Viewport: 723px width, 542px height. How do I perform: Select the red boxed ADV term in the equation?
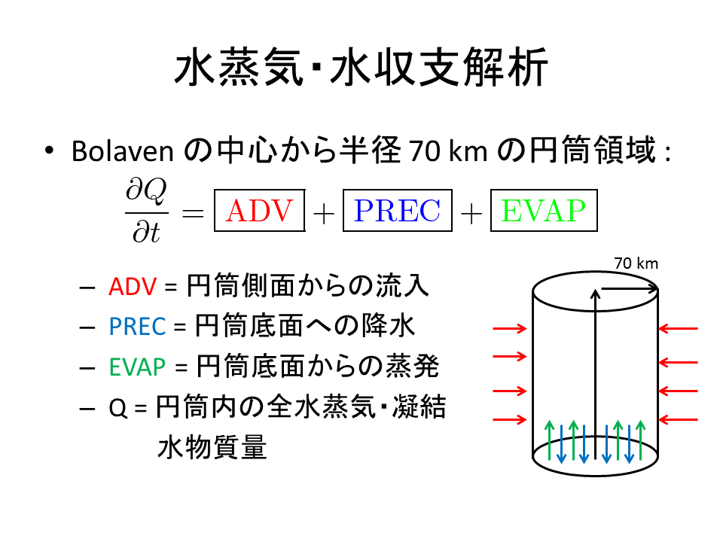pyautogui.click(x=259, y=212)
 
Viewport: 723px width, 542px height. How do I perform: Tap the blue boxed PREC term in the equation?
pyautogui.click(x=397, y=212)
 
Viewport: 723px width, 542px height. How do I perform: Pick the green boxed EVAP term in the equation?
pyautogui.click(x=543, y=212)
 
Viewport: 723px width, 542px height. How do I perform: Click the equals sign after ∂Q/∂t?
pyautogui.click(x=193, y=214)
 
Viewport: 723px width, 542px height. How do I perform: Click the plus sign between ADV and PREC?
pyautogui.click(x=323, y=214)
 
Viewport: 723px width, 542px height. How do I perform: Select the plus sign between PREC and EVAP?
pyautogui.click(x=471, y=214)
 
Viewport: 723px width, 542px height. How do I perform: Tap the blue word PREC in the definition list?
pyautogui.click(x=136, y=327)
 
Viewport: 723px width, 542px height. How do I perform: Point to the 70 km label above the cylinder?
pyautogui.click(x=636, y=263)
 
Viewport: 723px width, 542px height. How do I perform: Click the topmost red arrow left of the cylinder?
pyautogui.click(x=509, y=328)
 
